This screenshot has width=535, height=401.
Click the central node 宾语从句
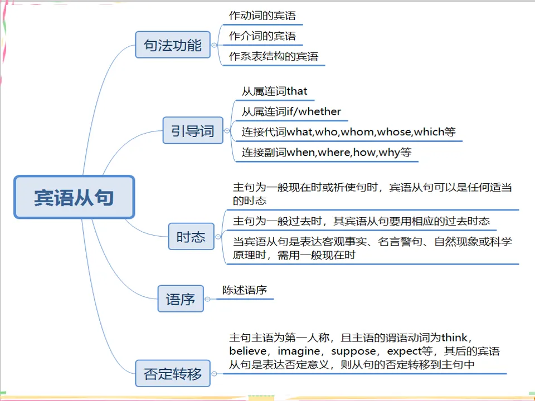click(74, 197)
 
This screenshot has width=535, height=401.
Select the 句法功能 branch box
click(173, 45)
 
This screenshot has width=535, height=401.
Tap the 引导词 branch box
click(192, 131)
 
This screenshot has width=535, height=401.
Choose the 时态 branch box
click(191, 237)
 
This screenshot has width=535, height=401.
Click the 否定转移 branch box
click(173, 373)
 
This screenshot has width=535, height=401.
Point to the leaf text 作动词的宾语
click(262, 16)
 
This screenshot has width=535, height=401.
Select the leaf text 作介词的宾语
click(262, 36)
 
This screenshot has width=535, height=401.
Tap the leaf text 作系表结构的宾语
click(274, 56)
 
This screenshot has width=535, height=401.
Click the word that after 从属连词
click(297, 91)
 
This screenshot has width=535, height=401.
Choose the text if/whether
click(314, 111)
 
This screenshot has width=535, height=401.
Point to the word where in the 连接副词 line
click(333, 152)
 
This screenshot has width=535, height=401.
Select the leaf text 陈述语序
click(245, 290)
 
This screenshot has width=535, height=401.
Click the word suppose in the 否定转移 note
click(353, 351)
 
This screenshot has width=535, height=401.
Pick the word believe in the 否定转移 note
click(247, 351)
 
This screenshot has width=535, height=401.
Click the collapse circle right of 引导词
click(227, 131)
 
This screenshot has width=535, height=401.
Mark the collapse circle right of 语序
click(207, 299)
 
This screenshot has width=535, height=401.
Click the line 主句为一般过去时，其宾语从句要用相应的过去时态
click(361, 221)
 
